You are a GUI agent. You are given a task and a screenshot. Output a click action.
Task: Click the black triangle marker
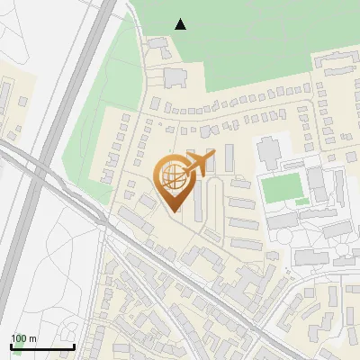point(181,24)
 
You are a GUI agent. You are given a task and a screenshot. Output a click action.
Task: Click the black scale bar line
point(42,346)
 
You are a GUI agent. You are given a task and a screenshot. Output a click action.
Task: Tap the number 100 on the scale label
point(18,338)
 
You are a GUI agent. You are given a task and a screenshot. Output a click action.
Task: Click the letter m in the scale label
point(31,338)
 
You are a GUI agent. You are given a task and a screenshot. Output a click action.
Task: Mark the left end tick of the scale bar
point(11,345)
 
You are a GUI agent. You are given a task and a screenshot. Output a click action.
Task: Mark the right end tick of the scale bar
point(74,345)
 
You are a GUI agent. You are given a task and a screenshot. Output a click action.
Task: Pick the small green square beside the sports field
point(302,201)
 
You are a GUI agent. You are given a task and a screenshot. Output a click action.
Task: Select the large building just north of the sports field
point(270,152)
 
